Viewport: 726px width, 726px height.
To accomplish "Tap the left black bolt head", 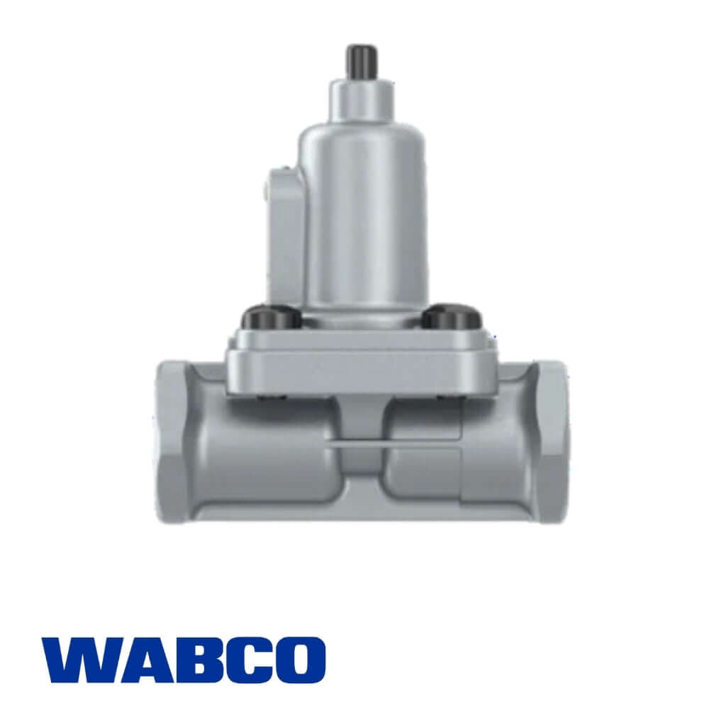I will click(272, 317).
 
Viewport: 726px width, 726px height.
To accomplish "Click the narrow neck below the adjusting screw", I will click(362, 99).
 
